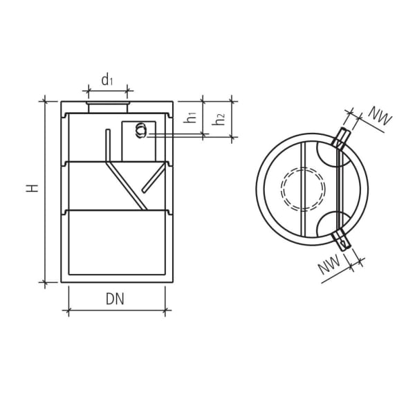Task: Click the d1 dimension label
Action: click(107, 80)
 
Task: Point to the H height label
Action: click(32, 188)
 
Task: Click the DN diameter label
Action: click(116, 299)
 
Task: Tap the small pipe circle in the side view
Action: click(142, 130)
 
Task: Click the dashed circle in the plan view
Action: click(303, 188)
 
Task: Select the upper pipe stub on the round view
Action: click(341, 138)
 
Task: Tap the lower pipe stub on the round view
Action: click(342, 239)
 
